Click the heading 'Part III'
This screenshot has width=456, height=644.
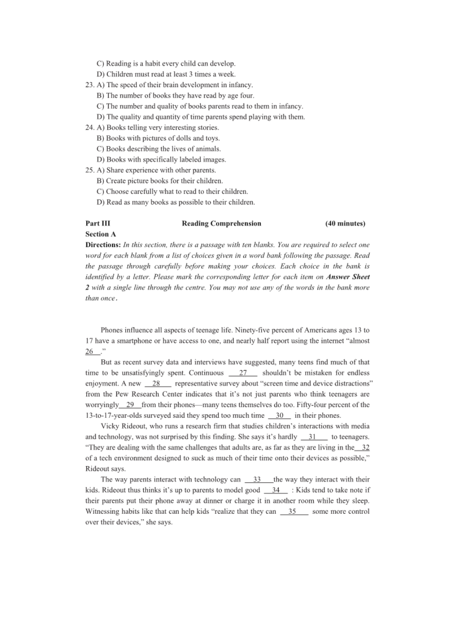[98, 223]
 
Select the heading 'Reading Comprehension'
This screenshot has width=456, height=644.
[221, 223]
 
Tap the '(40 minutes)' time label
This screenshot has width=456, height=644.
[345, 223]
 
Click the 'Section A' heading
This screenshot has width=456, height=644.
[101, 234]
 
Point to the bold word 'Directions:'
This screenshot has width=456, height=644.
[103, 245]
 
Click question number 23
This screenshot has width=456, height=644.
[90, 85]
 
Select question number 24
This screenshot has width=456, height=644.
[90, 128]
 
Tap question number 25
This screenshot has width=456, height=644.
[90, 170]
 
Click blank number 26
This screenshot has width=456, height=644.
[90, 352]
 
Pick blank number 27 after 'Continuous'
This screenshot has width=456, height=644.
[243, 373]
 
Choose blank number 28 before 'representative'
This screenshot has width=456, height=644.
[157, 383]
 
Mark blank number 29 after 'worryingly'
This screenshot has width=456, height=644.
[130, 405]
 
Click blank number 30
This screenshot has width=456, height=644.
[280, 416]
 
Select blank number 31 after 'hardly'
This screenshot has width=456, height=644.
[313, 437]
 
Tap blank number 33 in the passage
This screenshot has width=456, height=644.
[258, 479]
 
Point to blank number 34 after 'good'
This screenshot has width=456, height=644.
[276, 490]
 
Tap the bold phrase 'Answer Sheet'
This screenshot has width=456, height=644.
[348, 277]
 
